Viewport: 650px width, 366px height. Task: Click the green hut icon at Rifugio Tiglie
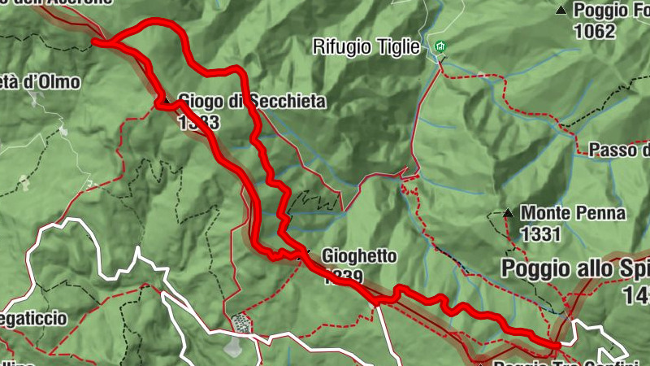pyautogui.click(x=441, y=47)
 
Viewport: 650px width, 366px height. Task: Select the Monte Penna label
pyautogui.click(x=574, y=213)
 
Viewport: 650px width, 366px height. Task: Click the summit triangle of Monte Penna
pyautogui.click(x=508, y=213)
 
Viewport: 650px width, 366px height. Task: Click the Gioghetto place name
pyautogui.click(x=359, y=256)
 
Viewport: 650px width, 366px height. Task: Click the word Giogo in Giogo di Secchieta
pyautogui.click(x=197, y=102)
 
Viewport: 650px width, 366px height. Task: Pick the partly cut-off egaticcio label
pyautogui.click(x=33, y=318)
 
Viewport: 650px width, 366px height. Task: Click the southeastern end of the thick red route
pyautogui.click(x=557, y=345)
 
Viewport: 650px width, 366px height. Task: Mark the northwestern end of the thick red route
pyautogui.click(x=96, y=41)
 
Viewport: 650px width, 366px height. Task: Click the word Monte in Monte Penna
pyautogui.click(x=544, y=213)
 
